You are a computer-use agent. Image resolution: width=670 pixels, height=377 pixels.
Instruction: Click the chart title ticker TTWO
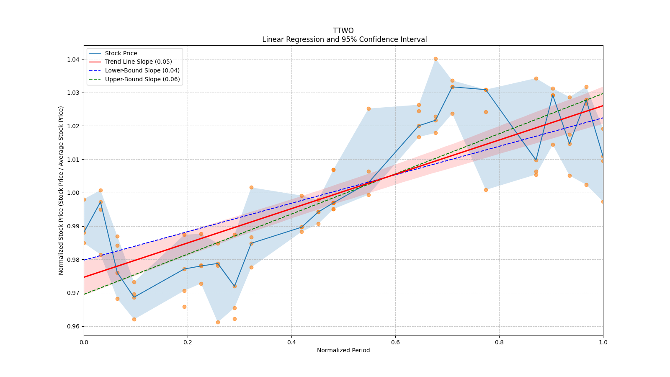(x=343, y=31)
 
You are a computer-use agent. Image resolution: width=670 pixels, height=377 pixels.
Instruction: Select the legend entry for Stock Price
(x=121, y=53)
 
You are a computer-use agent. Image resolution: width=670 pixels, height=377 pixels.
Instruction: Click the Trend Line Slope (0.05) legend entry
(x=138, y=62)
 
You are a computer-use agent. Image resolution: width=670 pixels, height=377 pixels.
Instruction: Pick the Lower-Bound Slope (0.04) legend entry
(x=142, y=71)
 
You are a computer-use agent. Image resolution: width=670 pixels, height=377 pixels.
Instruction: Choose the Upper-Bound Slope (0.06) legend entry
(x=142, y=79)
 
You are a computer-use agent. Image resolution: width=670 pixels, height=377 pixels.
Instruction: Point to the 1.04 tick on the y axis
(x=73, y=59)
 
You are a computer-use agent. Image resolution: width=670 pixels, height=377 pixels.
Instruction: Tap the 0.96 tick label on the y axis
(x=73, y=326)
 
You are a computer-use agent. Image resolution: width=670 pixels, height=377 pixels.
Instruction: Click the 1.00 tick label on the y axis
(x=73, y=193)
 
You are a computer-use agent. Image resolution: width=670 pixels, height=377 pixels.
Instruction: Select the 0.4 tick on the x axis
(x=291, y=342)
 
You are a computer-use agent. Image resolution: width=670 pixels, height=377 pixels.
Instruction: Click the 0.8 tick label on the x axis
(x=499, y=342)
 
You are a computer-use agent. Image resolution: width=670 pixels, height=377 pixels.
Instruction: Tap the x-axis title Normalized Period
(x=343, y=350)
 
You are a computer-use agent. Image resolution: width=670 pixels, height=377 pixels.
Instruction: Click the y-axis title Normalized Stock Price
(x=61, y=190)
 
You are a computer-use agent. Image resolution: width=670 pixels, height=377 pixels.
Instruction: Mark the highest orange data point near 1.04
(x=435, y=59)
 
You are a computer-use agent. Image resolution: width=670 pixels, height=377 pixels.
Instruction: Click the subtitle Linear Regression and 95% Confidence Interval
(x=344, y=39)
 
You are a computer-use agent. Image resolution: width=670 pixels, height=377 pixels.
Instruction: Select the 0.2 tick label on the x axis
(x=188, y=342)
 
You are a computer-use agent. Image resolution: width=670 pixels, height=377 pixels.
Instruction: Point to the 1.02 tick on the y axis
(x=73, y=126)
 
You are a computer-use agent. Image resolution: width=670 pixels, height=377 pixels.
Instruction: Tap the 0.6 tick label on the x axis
(x=395, y=342)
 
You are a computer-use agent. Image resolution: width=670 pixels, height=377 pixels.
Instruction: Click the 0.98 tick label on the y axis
(x=73, y=260)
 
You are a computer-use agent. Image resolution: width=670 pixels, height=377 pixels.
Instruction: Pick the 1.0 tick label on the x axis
(x=603, y=342)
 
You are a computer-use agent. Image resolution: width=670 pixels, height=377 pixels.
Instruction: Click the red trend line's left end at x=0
(x=85, y=277)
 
